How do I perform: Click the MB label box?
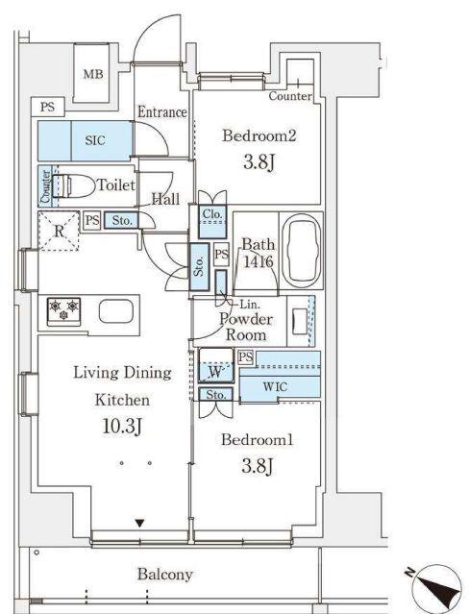(x=93, y=74)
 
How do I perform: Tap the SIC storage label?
(x=94, y=140)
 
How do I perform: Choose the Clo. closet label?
(x=212, y=215)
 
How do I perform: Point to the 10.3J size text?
(x=121, y=426)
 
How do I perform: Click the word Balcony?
(x=164, y=575)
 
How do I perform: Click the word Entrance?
(x=160, y=112)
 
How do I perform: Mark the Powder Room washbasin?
(x=299, y=319)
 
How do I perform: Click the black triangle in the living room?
(x=140, y=524)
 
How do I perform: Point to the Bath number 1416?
(x=258, y=260)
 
